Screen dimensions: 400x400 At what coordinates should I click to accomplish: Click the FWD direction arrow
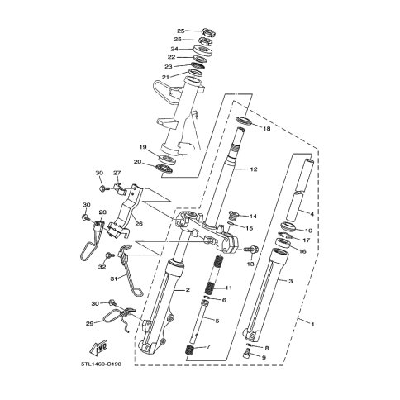98,348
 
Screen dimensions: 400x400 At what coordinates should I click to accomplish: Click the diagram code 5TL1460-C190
101,364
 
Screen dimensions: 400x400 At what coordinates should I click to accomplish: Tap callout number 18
267,129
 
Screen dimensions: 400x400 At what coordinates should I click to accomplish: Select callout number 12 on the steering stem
254,169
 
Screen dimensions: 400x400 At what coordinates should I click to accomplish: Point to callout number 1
312,325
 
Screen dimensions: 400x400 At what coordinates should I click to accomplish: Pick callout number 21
165,78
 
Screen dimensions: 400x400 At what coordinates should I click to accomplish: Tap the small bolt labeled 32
110,255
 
